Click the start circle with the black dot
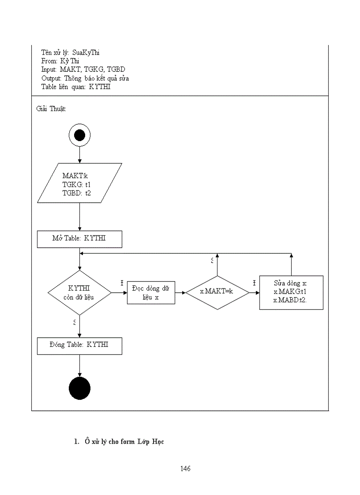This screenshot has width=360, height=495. coord(79,135)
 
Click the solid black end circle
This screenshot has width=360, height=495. coord(79,388)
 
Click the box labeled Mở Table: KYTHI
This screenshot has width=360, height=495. coord(79,239)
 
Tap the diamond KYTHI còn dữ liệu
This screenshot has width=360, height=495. coord(79,293)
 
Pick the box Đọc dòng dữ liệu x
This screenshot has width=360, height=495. coord(151,293)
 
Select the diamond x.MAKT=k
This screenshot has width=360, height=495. coord(217,293)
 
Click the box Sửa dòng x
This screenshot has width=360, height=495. coord(291,292)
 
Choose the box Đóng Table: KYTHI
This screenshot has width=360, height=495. coord(79,346)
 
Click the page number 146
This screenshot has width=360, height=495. coord(185,469)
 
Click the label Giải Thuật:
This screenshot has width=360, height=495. coord(51,109)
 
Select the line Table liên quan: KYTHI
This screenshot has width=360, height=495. coord(75,87)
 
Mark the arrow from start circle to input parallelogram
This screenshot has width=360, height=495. coord(79,155)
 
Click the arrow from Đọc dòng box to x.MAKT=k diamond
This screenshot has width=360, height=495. coord(180,293)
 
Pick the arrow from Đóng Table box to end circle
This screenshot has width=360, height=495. coord(79,366)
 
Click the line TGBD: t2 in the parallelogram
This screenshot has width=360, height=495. coord(76,193)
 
